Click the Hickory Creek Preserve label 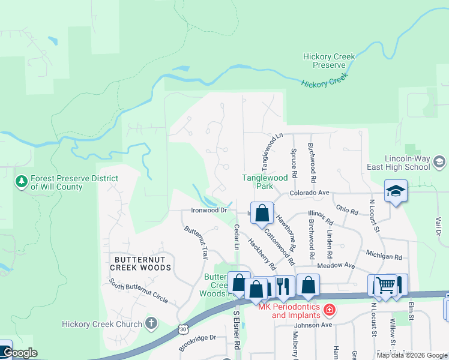pyautogui.click(x=329, y=61)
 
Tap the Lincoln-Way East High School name pyautogui.click(x=411, y=163)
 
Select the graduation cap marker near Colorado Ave pyautogui.click(x=396, y=192)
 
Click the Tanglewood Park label pyautogui.click(x=265, y=182)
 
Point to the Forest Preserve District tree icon pyautogui.click(x=22, y=180)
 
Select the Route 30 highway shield pyautogui.click(x=184, y=329)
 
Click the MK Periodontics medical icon pyautogui.click(x=329, y=310)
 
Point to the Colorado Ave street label pyautogui.click(x=310, y=193)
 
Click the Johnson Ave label pyautogui.click(x=313, y=325)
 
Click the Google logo pyautogui.click(x=20, y=353)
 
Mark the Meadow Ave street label pyautogui.click(x=337, y=265)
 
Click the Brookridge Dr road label pyautogui.click(x=197, y=343)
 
